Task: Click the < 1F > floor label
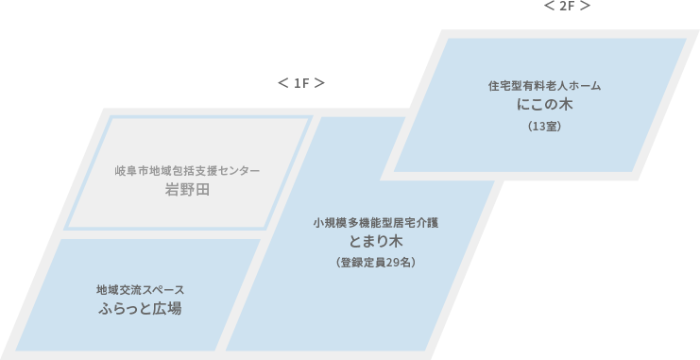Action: pos(301,83)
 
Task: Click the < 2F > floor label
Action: pos(567,6)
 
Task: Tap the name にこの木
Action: pos(545,105)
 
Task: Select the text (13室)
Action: pos(545,127)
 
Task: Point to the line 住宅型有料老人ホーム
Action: pos(545,86)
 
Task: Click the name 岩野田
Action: pos(187,190)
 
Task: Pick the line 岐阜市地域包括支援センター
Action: pos(187,171)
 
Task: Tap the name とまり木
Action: pos(376,241)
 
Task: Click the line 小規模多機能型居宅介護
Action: pos(376,222)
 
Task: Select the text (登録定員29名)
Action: pos(376,263)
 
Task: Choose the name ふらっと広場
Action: pos(140,309)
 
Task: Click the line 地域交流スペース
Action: pos(140,290)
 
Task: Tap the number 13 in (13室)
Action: pos(539,127)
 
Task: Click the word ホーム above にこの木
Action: pos(585,86)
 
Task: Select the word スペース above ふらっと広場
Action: pos(162,290)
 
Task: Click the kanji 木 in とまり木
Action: pos(396,241)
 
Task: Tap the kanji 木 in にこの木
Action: pos(566,105)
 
